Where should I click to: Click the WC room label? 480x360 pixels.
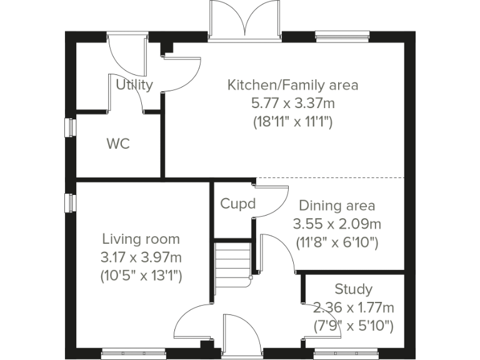click(117, 144)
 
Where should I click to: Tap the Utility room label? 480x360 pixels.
click(134, 85)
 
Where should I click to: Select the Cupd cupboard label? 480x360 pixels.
click(238, 204)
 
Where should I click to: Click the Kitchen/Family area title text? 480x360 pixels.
click(292, 84)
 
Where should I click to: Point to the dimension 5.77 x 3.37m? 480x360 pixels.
click(292, 102)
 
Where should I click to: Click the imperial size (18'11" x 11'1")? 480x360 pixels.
click(292, 121)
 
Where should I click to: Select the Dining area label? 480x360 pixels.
click(337, 206)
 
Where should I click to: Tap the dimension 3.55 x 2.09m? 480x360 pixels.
click(337, 224)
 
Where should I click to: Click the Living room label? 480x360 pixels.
click(141, 239)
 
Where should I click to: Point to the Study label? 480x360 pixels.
click(353, 289)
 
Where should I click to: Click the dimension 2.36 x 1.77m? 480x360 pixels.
click(353, 307)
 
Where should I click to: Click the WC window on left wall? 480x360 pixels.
click(71, 127)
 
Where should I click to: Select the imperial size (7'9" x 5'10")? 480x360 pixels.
click(353, 326)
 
